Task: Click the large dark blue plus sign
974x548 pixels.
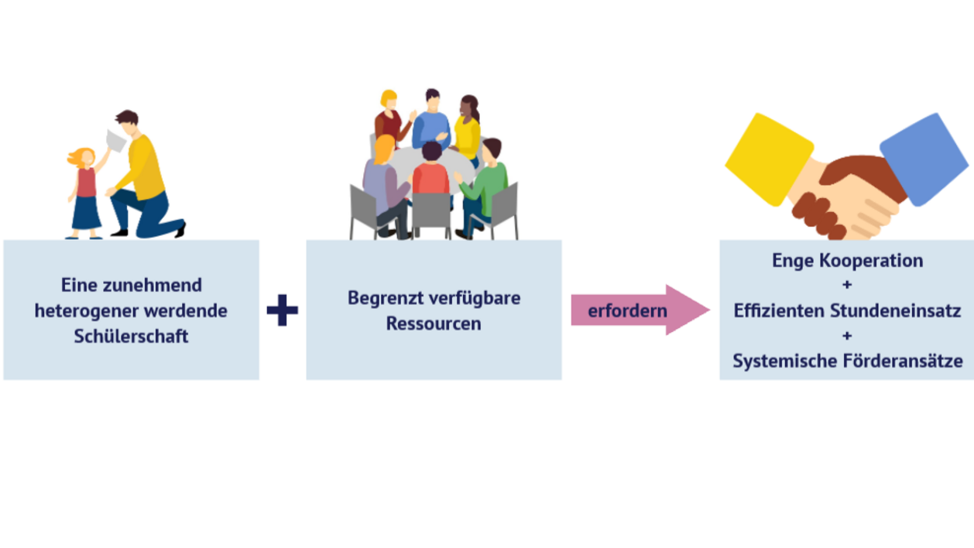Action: pyautogui.click(x=282, y=310)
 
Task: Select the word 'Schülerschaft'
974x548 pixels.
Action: pyautogui.click(x=131, y=337)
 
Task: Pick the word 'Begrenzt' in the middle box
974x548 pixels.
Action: pyautogui.click(x=379, y=298)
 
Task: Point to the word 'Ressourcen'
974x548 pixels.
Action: pyautogui.click(x=434, y=324)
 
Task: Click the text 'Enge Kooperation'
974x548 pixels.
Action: pyautogui.click(x=847, y=260)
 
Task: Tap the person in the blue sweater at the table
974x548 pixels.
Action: pyautogui.click(x=431, y=124)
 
